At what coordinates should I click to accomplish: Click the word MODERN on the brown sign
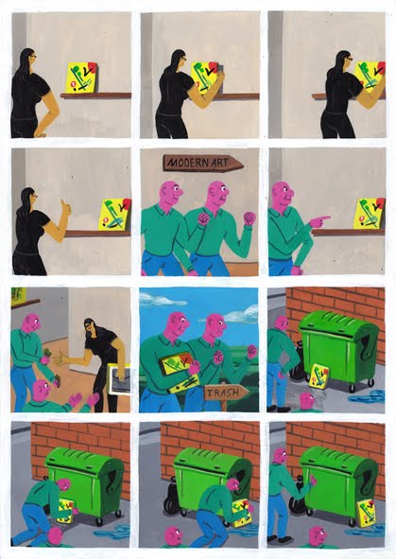(x=187, y=163)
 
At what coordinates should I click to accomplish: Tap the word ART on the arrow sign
(x=220, y=164)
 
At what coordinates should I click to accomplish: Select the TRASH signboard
(x=226, y=393)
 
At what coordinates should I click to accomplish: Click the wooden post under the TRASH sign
(x=224, y=406)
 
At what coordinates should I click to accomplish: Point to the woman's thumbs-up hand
(x=66, y=208)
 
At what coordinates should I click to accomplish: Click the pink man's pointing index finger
(x=323, y=218)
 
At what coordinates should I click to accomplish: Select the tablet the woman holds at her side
(x=119, y=379)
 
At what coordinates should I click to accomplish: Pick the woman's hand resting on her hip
(x=40, y=134)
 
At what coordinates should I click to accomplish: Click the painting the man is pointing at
(x=370, y=213)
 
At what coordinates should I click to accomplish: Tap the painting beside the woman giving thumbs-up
(x=115, y=214)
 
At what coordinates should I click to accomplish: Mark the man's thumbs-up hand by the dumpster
(x=313, y=480)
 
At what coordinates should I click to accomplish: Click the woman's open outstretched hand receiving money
(x=61, y=358)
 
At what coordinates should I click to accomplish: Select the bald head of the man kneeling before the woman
(x=42, y=390)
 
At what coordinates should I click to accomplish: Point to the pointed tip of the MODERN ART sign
(x=243, y=166)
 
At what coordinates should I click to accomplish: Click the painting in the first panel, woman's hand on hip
(x=81, y=78)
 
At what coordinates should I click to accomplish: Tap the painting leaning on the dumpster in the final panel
(x=367, y=513)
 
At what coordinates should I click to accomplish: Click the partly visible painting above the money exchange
(x=18, y=296)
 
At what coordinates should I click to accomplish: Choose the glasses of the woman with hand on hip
(x=33, y=57)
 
